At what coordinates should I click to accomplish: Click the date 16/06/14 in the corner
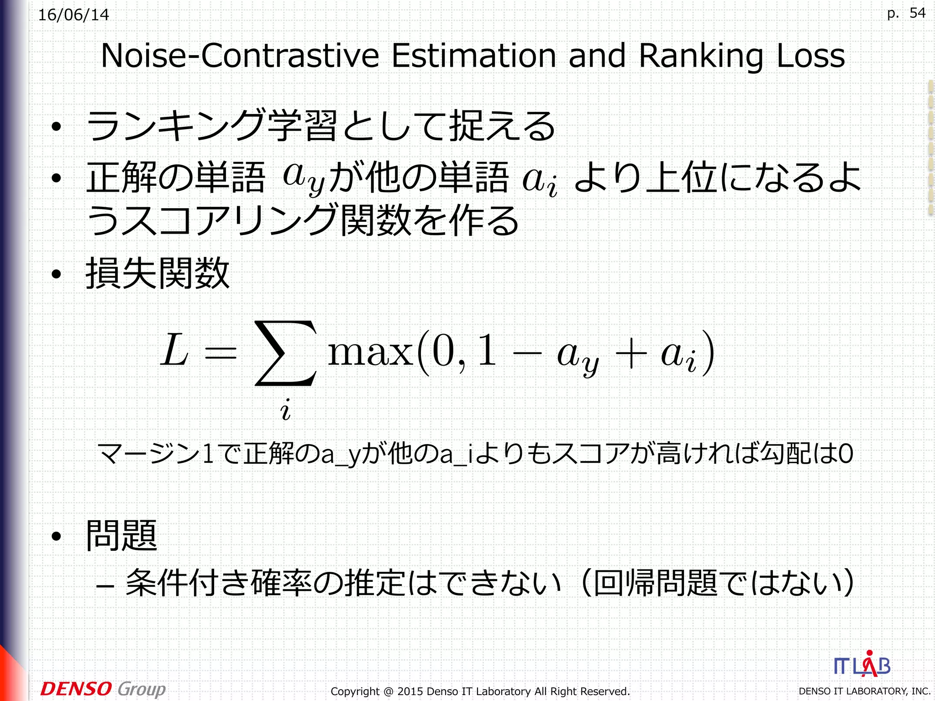[74, 15]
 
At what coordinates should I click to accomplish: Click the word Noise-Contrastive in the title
[240, 56]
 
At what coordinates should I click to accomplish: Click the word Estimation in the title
[473, 56]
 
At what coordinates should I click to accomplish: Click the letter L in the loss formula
[175, 350]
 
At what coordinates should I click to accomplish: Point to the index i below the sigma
[285, 409]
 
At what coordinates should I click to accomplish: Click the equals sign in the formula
[221, 353]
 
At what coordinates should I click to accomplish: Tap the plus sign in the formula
[631, 354]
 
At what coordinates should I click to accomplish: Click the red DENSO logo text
[76, 689]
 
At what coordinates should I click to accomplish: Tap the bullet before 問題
[56, 537]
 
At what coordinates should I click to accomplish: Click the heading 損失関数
[158, 273]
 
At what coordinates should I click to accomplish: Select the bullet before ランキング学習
[56, 127]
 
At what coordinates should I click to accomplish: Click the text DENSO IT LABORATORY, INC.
[864, 691]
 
